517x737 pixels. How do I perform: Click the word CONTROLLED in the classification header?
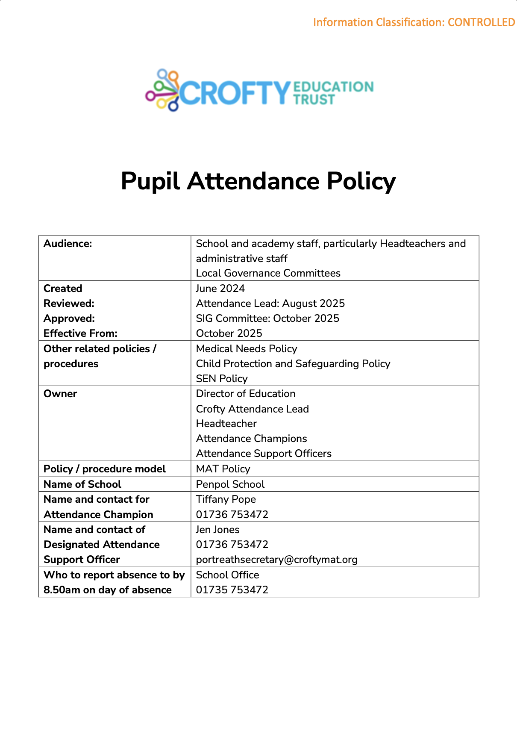coord(481,22)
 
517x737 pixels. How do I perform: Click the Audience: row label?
coord(68,244)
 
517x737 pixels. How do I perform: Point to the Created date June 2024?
coord(220,289)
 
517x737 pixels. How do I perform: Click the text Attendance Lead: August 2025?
coord(270,304)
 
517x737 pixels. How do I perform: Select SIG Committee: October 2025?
coord(267,318)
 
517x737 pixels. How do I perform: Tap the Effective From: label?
coord(80,333)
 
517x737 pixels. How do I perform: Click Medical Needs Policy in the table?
coord(247,349)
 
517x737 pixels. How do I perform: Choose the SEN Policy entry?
coord(222,379)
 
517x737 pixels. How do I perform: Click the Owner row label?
coord(60,394)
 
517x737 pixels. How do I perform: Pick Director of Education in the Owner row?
coord(246,394)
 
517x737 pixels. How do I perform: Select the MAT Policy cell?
coord(223,469)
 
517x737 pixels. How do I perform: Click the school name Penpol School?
coord(230,484)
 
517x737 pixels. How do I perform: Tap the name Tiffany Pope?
coord(226,499)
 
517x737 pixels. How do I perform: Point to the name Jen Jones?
coord(218,530)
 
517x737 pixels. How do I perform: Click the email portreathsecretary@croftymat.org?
coord(277,560)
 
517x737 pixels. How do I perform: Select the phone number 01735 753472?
coord(232,590)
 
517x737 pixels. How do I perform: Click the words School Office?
coord(228,575)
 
